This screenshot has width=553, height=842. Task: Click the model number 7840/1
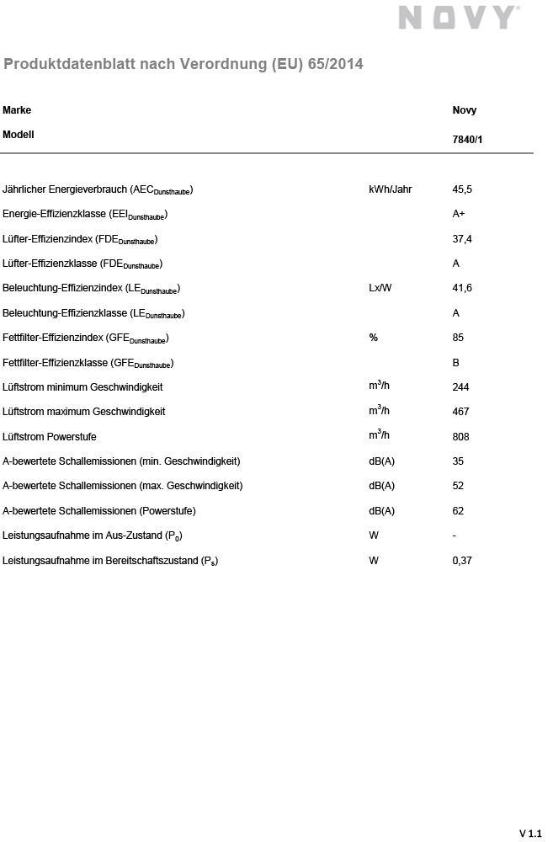coord(468,140)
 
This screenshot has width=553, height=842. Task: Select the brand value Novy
coord(464,110)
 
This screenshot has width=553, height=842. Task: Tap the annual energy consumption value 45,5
coord(462,189)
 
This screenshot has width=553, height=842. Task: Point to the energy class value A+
coord(459,214)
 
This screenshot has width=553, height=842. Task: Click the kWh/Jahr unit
coord(391,189)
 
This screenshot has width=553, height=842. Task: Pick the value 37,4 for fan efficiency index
coord(462,239)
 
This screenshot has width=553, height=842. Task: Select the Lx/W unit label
coord(380,288)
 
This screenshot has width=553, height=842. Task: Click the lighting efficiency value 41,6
coord(462,288)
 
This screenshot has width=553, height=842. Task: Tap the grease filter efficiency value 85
coord(458,338)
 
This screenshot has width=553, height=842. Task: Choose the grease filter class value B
coord(455,362)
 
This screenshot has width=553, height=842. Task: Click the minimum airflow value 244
coord(460,387)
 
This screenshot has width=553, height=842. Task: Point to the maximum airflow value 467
coord(460,412)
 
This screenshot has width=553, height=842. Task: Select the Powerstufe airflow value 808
coord(460,436)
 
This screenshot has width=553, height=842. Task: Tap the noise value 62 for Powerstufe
coord(458,510)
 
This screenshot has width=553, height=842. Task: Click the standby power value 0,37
coord(462,560)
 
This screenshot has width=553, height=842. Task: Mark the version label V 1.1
coord(530,833)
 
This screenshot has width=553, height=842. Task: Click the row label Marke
coord(17,110)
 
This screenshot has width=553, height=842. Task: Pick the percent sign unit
coord(373,338)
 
